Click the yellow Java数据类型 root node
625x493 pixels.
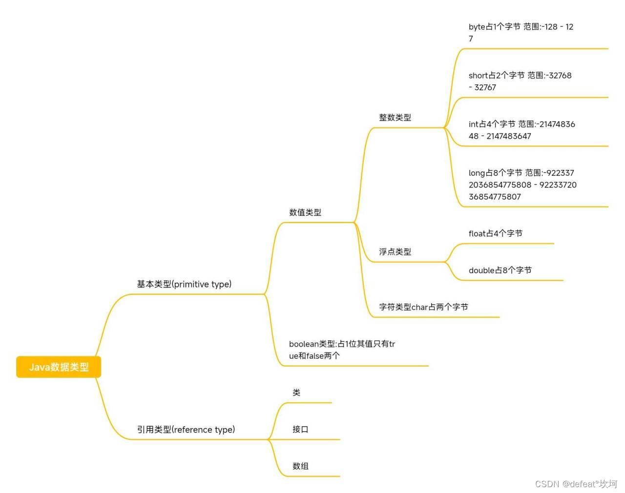(x=59, y=367)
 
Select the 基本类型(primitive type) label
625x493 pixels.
(x=184, y=284)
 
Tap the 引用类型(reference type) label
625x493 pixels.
(x=186, y=430)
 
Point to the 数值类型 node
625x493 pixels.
(x=305, y=212)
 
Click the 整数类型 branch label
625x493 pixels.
(x=395, y=118)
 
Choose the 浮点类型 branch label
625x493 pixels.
(x=395, y=252)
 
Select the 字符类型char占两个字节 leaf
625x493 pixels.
(x=423, y=307)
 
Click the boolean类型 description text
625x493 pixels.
(x=342, y=350)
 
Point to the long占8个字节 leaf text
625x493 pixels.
(x=522, y=185)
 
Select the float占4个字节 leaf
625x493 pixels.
(x=495, y=233)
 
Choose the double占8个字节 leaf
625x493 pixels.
(x=500, y=270)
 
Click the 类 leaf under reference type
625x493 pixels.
(x=296, y=392)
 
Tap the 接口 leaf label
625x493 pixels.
(x=300, y=430)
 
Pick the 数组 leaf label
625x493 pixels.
(x=300, y=466)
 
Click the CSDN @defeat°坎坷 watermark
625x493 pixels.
(x=576, y=484)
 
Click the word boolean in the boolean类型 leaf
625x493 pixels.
(x=304, y=344)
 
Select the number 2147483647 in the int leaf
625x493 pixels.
(x=508, y=136)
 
